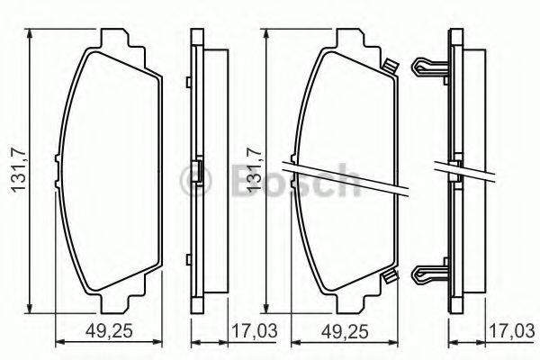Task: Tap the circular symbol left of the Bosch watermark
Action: [x=194, y=175]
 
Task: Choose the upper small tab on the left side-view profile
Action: [x=186, y=85]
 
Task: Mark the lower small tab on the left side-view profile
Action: [x=186, y=256]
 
